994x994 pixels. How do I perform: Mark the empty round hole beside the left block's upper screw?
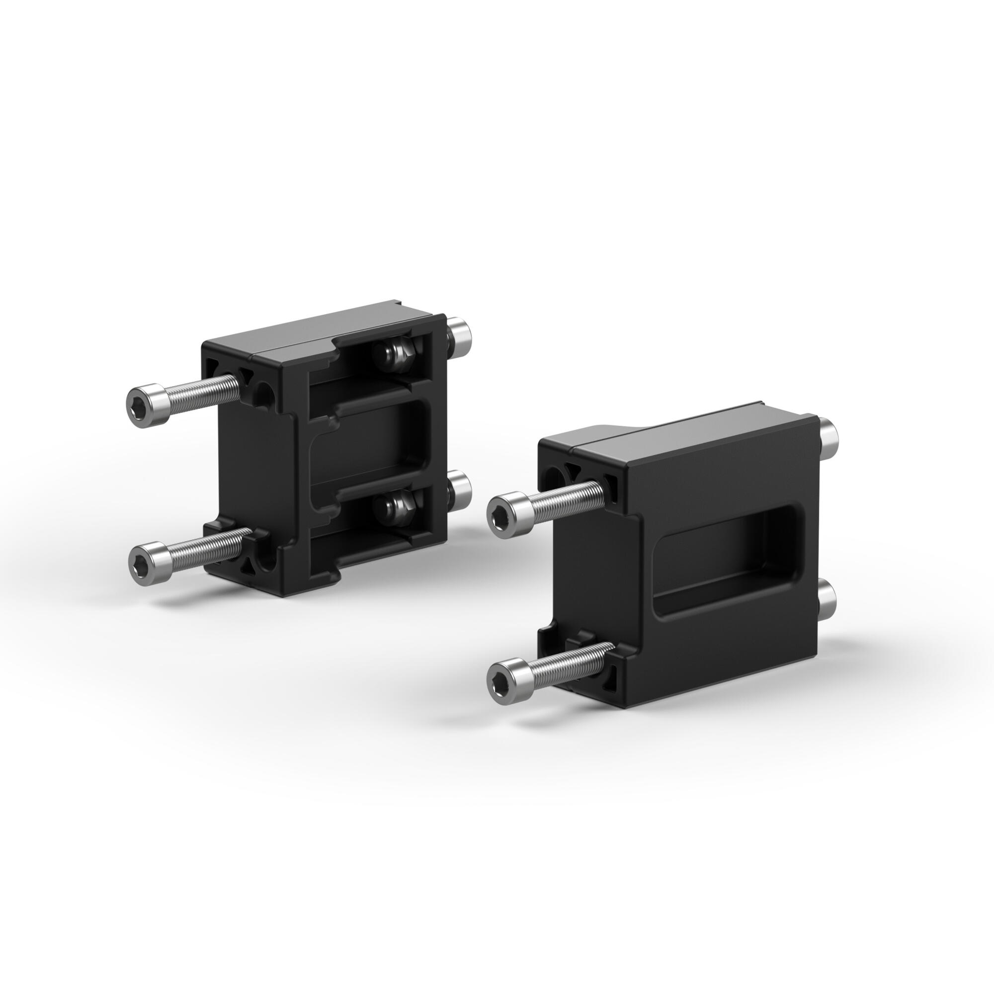(x=265, y=394)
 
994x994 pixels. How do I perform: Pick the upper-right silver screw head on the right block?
(x=829, y=435)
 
